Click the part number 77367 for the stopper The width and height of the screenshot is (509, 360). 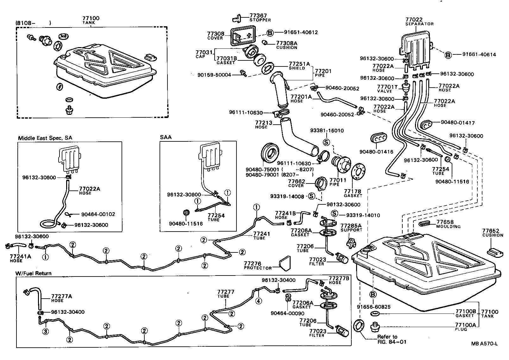click(x=258, y=15)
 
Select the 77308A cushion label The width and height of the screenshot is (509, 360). click(x=286, y=43)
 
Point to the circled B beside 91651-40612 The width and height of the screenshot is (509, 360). click(x=270, y=32)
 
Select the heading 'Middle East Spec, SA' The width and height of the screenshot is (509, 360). click(x=45, y=138)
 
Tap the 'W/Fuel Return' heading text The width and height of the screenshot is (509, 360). click(x=34, y=273)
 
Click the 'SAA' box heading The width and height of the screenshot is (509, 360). click(x=166, y=137)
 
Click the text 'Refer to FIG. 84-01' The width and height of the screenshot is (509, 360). click(x=391, y=339)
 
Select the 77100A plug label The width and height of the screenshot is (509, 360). click(x=465, y=325)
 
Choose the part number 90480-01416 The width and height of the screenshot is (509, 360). click(x=376, y=152)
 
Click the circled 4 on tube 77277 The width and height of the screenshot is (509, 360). click(x=259, y=301)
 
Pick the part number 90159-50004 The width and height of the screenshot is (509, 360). click(x=214, y=75)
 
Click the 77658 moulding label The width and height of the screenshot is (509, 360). click(x=445, y=222)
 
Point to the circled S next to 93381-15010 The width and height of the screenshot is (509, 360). click(x=327, y=142)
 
